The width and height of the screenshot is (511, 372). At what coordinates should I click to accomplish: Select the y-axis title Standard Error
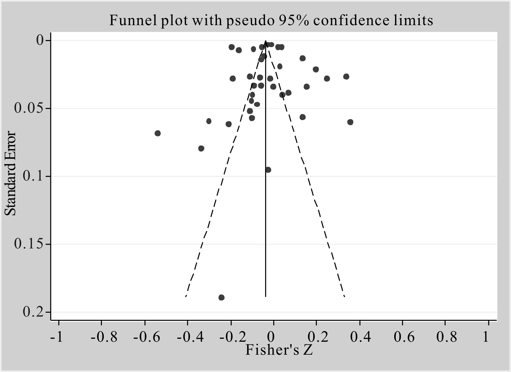(x=11, y=173)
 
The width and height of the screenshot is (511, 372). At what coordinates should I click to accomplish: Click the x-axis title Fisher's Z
(x=279, y=350)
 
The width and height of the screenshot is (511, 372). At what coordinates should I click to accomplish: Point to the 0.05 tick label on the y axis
(x=28, y=108)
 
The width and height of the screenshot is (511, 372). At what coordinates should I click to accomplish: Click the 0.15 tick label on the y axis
(x=28, y=244)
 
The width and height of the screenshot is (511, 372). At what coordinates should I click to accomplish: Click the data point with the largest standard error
(x=221, y=297)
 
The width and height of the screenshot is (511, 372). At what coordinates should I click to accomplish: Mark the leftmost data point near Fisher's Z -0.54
(x=158, y=133)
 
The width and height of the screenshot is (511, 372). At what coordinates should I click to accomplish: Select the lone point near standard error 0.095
(x=268, y=170)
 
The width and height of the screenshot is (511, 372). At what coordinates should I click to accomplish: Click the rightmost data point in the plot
(x=350, y=122)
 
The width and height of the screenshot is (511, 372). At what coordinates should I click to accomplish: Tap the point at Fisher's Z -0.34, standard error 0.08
(x=201, y=148)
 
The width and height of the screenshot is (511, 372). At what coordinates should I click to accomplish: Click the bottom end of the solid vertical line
(x=266, y=297)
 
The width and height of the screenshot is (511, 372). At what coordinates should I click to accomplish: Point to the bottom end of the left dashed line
(x=186, y=297)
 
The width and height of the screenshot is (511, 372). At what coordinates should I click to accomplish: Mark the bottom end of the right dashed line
(x=344, y=297)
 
